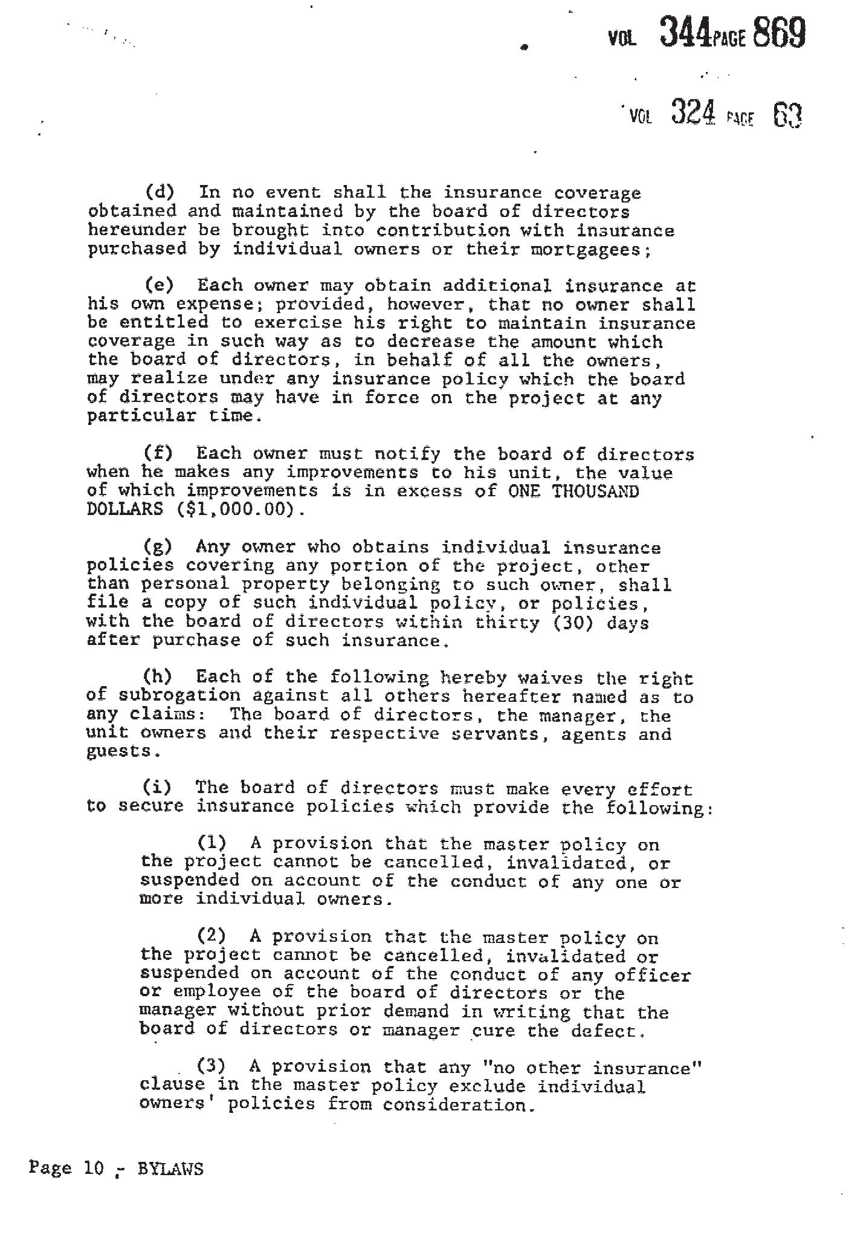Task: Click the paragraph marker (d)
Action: click(160, 193)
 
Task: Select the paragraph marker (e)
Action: click(159, 285)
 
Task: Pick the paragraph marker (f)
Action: click(158, 453)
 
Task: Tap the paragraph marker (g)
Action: click(158, 547)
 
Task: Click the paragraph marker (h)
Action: click(157, 677)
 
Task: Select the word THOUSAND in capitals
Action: click(595, 491)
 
